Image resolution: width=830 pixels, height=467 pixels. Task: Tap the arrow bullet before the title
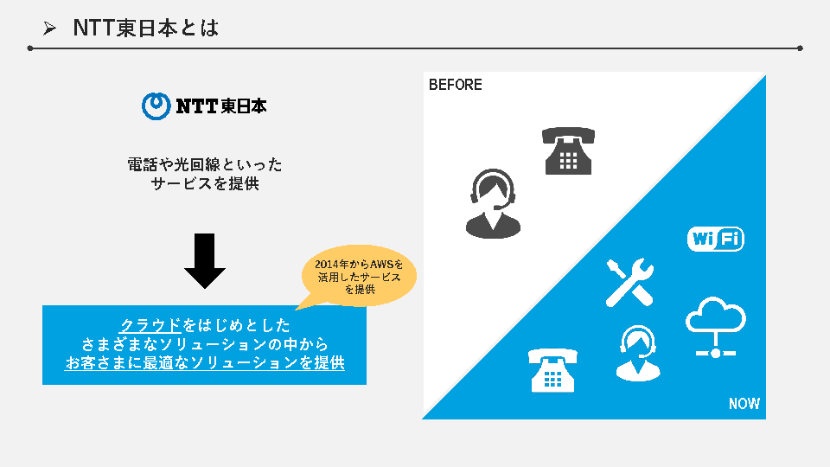coord(49,29)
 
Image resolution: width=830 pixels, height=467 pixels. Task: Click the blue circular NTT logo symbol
coord(156,106)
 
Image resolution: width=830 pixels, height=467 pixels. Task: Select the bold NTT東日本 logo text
coord(220,106)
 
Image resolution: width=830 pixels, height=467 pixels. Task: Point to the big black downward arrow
coord(205,260)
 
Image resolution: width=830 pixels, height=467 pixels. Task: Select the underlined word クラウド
coord(151,325)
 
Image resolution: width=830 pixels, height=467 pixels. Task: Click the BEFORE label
coord(455,85)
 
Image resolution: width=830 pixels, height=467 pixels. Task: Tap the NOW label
coord(744,404)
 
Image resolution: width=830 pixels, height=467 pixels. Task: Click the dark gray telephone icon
coord(568,151)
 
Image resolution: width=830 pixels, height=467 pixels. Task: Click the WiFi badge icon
coord(715,239)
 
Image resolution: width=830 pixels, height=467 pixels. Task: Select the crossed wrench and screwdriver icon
coord(629,282)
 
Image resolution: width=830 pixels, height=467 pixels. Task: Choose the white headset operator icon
coord(637,353)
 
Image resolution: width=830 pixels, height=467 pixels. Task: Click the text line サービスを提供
coord(205,183)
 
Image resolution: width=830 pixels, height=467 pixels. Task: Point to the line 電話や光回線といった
coord(205,163)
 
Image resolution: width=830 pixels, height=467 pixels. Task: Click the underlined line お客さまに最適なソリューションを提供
coord(205,363)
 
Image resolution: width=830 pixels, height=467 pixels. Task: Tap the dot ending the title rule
coord(800,48)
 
